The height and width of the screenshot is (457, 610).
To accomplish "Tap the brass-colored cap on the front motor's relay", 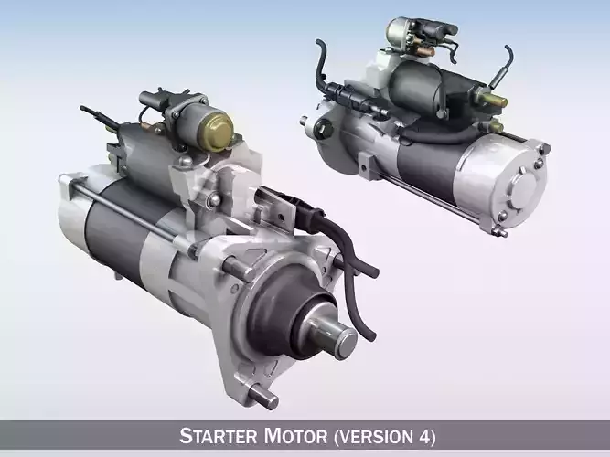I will pos(213,131).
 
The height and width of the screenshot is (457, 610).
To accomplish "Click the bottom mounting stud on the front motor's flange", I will pos(264,399).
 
